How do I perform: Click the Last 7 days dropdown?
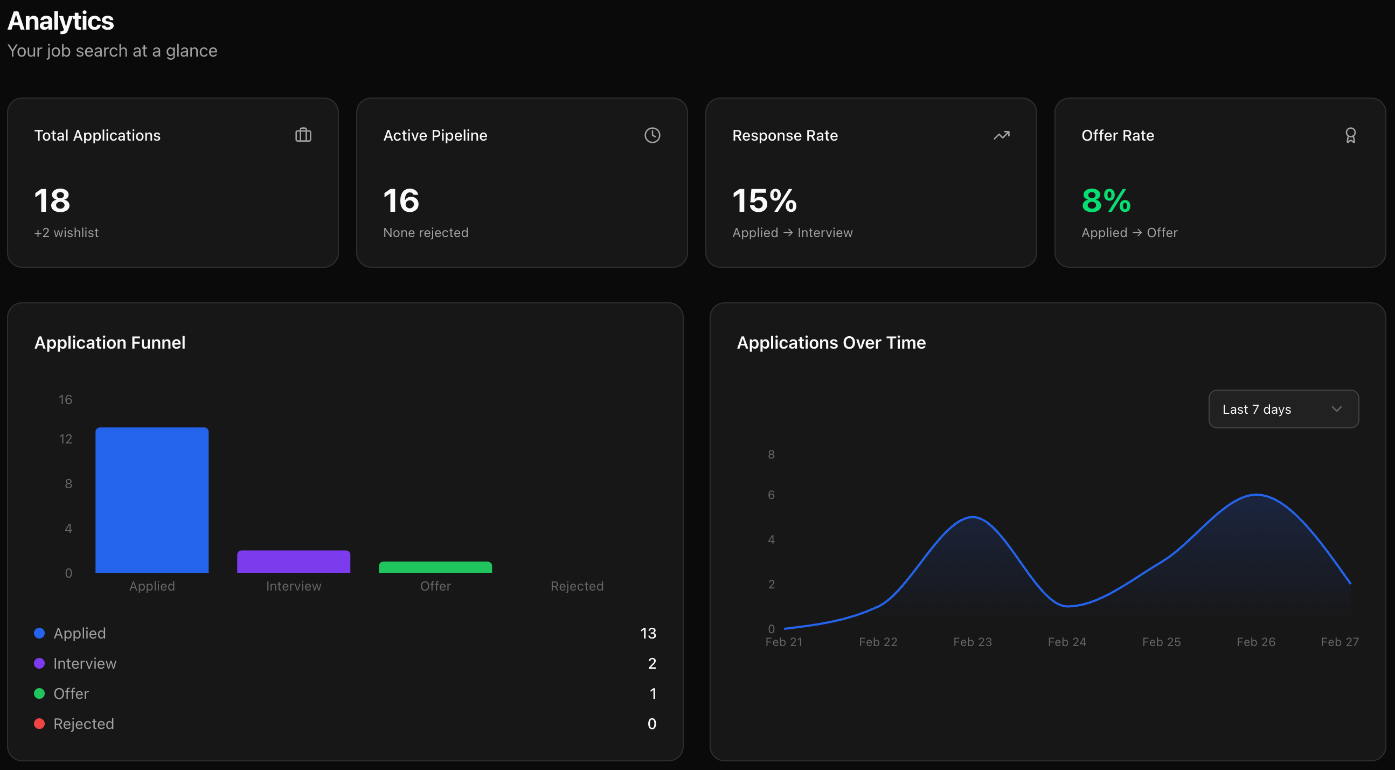tap(1282, 409)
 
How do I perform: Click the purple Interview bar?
tap(294, 561)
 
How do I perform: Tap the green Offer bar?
tap(435, 567)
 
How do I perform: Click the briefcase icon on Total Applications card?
tap(303, 135)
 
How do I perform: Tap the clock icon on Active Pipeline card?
tap(652, 135)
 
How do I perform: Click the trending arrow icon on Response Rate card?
tap(1001, 135)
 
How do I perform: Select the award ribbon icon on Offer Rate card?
tap(1350, 135)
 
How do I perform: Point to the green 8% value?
tap(1106, 200)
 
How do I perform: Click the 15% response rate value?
tap(764, 200)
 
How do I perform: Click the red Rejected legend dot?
tap(39, 724)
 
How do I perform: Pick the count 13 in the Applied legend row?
tap(648, 633)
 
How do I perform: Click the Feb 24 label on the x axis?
tap(1066, 642)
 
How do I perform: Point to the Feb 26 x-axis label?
tap(1255, 642)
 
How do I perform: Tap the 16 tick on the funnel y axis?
tap(65, 400)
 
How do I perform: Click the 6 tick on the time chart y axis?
tap(771, 494)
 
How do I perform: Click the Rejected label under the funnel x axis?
tap(577, 586)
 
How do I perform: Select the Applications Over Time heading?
tap(831, 342)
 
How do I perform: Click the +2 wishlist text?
tap(66, 232)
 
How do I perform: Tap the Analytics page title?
tap(61, 20)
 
